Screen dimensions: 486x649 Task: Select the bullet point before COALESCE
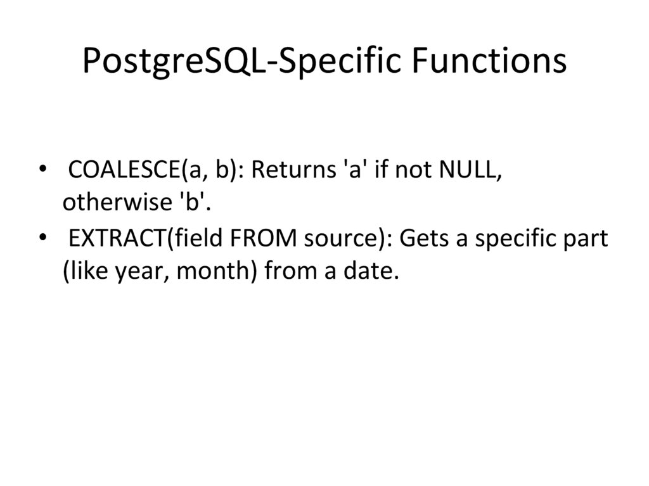pos(42,170)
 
